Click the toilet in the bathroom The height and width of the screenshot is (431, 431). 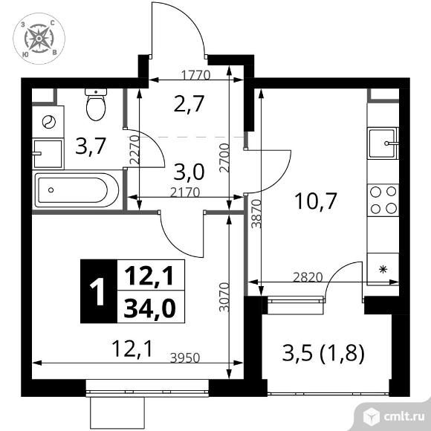coord(96,105)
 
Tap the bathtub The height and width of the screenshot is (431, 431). coord(76,190)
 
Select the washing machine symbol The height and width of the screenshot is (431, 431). coord(48,121)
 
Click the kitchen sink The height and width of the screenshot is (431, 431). coord(383,143)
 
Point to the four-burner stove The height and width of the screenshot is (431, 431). coord(383,200)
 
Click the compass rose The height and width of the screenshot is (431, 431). coord(39,39)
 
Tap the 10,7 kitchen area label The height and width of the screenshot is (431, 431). coord(315,201)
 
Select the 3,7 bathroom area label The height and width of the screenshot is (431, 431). coord(91,146)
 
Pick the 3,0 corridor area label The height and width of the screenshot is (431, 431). coord(189,172)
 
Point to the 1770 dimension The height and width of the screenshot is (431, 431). coord(196,74)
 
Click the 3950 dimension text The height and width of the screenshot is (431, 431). coord(185,357)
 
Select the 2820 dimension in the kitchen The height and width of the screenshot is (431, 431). coord(308,277)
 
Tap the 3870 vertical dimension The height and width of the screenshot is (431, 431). coord(256,213)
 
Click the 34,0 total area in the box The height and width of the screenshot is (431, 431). coord(149,308)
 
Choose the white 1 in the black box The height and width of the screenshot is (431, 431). coord(97,291)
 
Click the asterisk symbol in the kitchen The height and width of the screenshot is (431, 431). coord(383,269)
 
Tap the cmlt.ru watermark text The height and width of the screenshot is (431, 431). coord(404,417)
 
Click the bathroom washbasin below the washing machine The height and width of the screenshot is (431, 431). coord(48,153)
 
